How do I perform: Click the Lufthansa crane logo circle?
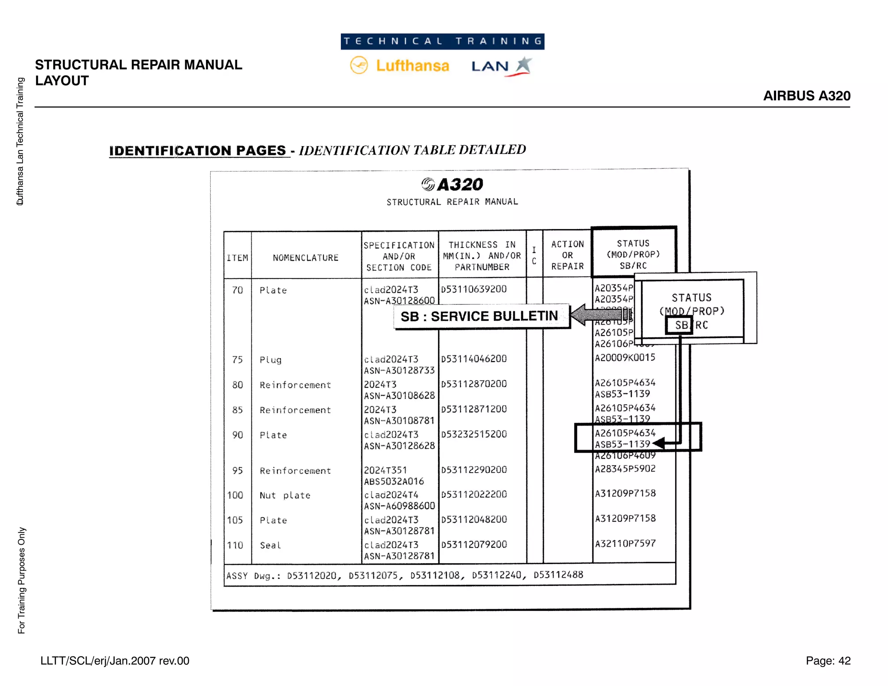point(359,65)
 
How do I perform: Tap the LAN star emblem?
point(524,65)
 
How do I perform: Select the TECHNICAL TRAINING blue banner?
point(442,42)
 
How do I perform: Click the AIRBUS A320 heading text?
point(806,96)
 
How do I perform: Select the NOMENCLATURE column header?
point(306,258)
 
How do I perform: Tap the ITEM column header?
point(237,258)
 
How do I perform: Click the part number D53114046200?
point(474,359)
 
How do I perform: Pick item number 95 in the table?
point(237,470)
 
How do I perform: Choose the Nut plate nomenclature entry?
point(285,495)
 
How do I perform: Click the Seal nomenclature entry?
point(270,545)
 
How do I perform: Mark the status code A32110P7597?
point(625,543)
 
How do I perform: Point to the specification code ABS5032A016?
point(394,481)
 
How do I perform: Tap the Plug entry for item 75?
point(271,360)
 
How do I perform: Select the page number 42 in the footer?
point(844,660)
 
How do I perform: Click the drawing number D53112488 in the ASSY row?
point(558,575)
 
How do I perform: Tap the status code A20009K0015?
point(625,358)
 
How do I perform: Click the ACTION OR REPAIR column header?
point(568,255)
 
